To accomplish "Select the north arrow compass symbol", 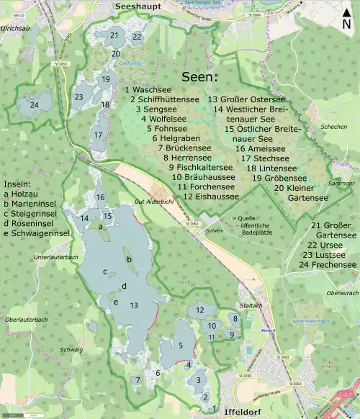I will [x=347, y=17].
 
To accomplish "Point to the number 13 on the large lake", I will [x=133, y=305].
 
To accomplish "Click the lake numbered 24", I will [x=33, y=105].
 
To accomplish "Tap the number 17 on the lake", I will [x=98, y=135].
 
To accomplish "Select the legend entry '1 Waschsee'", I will [x=148, y=90].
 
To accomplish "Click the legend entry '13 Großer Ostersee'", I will [x=246, y=99].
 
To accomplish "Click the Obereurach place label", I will [x=343, y=294].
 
